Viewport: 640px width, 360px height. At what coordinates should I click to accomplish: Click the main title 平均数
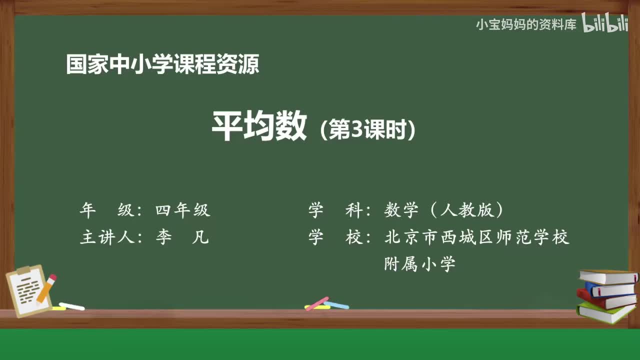pyautogui.click(x=259, y=127)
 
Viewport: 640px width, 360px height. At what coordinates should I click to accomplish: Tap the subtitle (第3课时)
pyautogui.click(x=368, y=130)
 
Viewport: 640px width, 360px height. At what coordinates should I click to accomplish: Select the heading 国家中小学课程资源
pyautogui.click(x=162, y=65)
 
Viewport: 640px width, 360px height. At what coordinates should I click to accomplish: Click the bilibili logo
pyautogui.click(x=605, y=23)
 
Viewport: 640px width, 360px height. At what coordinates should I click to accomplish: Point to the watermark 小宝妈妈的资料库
pyautogui.click(x=526, y=24)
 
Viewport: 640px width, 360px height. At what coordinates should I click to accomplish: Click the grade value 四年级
pyautogui.click(x=182, y=210)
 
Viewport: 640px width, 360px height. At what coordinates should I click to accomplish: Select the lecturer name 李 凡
pyautogui.click(x=182, y=237)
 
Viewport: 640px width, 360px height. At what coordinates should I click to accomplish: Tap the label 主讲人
pyautogui.click(x=107, y=237)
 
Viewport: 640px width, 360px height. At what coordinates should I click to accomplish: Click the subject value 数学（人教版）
pyautogui.click(x=444, y=210)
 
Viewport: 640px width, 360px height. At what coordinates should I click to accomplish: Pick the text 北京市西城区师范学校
pyautogui.click(x=477, y=237)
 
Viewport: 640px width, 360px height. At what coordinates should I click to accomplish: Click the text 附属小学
pyautogui.click(x=420, y=264)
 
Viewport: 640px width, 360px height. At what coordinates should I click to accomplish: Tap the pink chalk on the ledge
pyautogui.click(x=316, y=303)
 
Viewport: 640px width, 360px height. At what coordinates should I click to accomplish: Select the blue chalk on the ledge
pyautogui.click(x=336, y=304)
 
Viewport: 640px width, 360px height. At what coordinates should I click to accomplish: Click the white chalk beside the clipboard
pyautogui.click(x=71, y=306)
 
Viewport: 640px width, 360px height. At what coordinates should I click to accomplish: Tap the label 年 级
pyautogui.click(x=107, y=210)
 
